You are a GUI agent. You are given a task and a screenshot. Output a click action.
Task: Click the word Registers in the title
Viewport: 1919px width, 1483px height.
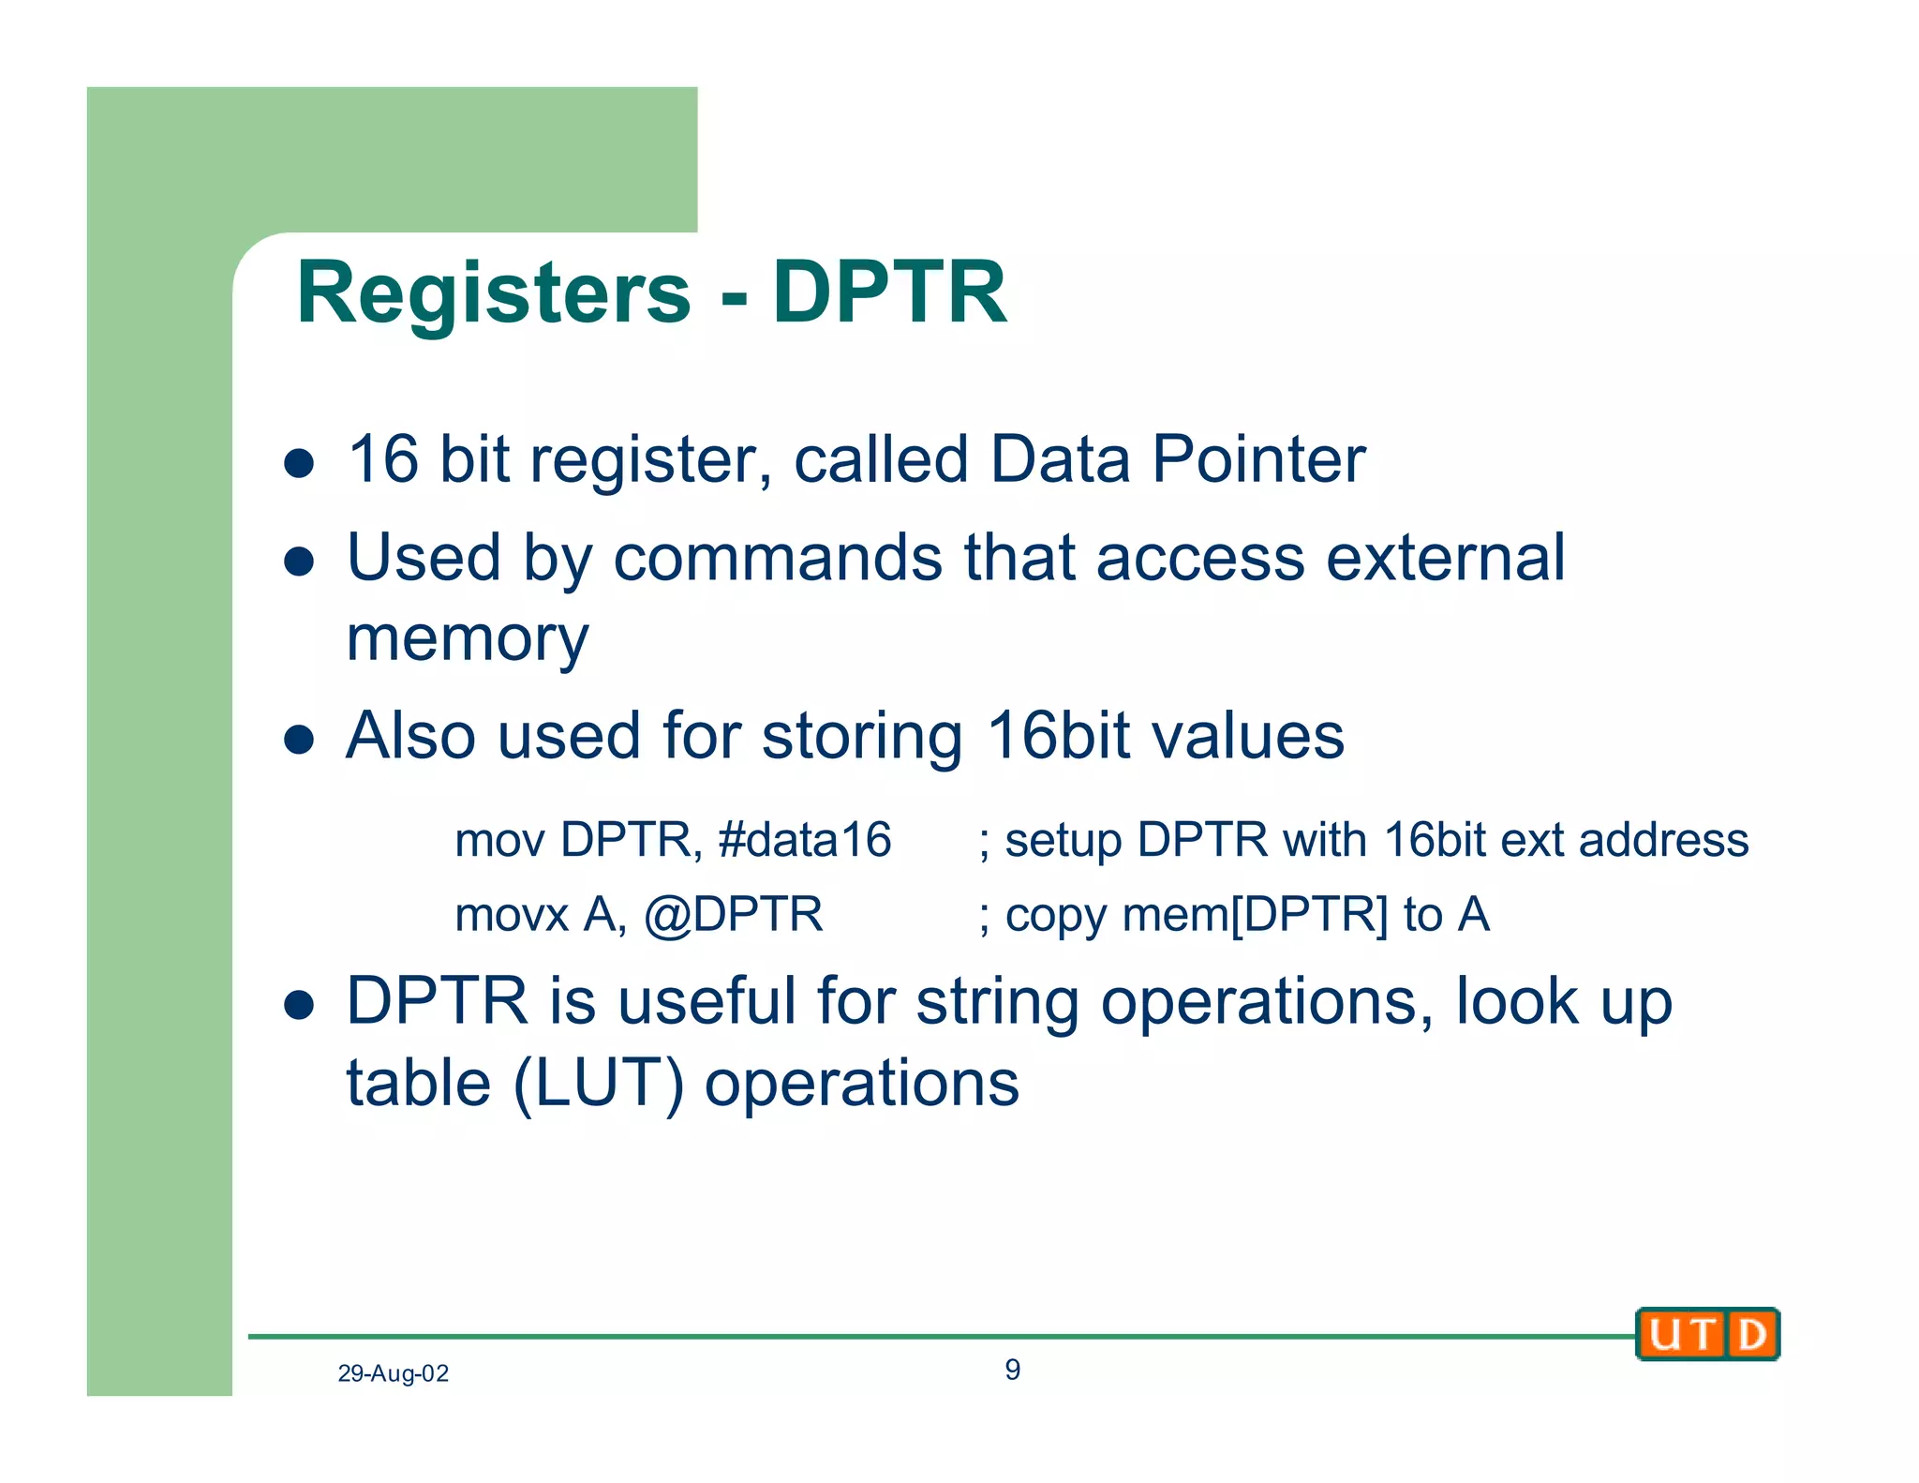pos(493,292)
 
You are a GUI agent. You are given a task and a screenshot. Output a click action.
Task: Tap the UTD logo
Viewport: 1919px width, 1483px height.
pos(1706,1334)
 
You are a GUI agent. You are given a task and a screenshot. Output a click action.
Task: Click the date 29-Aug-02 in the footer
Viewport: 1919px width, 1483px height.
pos(393,1373)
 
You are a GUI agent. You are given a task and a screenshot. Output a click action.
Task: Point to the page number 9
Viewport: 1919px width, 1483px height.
pos(1012,1370)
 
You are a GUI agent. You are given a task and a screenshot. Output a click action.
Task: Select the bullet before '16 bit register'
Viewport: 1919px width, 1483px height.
pos(298,463)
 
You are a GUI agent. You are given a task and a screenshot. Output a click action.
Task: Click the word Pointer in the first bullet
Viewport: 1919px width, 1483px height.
pos(1257,459)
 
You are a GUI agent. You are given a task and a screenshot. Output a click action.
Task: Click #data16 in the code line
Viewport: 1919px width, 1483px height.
pos(804,839)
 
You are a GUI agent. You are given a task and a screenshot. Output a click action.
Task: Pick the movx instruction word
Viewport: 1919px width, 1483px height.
pos(512,914)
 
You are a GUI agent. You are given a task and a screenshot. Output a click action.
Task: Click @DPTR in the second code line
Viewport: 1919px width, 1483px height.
pos(733,914)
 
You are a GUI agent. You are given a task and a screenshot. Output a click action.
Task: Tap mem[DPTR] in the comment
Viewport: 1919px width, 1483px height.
pos(1254,914)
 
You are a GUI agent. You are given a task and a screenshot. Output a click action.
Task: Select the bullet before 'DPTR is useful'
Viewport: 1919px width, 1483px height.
pos(298,1005)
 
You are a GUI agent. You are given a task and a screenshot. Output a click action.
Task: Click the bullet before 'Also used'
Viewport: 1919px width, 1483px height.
pos(298,739)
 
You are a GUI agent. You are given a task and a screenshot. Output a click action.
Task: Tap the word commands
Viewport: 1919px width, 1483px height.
pos(778,558)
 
